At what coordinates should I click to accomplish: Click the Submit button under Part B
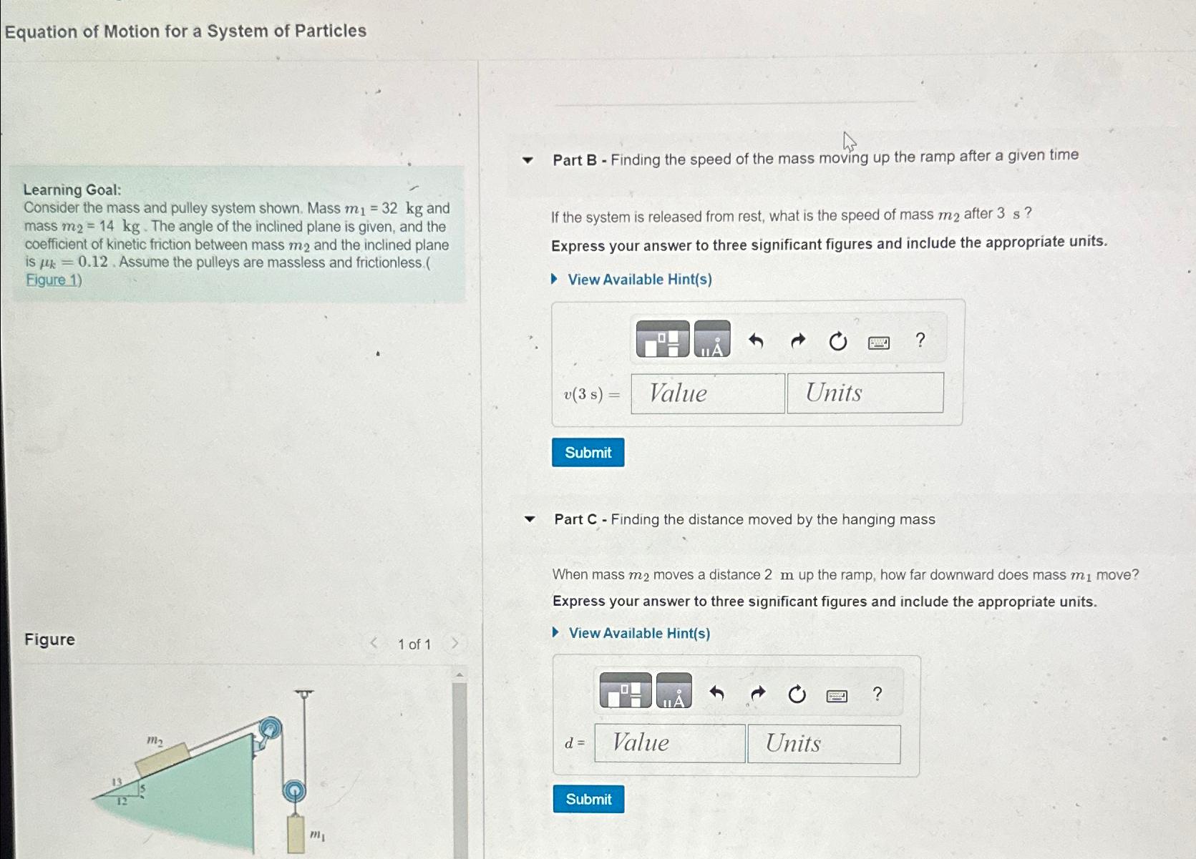[x=588, y=453]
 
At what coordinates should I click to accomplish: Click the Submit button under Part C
[x=588, y=799]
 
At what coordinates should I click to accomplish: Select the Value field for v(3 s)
[x=707, y=393]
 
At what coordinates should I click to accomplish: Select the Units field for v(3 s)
[x=865, y=393]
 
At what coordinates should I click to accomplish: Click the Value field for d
[x=669, y=743]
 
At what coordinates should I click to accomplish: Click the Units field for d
[x=823, y=744]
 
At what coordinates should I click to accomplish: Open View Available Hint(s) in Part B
[x=639, y=280]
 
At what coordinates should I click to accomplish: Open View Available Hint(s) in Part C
[x=638, y=633]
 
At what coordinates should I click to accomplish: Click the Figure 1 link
[x=54, y=280]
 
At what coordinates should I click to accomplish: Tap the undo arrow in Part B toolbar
[x=756, y=341]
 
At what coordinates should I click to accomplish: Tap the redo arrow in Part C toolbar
[x=757, y=693]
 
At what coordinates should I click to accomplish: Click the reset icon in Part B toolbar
[x=837, y=342]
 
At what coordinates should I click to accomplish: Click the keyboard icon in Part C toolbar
[x=837, y=695]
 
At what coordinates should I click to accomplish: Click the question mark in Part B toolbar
[x=920, y=340]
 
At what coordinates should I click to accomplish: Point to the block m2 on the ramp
[x=162, y=759]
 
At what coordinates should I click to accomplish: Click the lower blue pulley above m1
[x=293, y=791]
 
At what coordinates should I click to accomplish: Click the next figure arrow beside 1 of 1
[x=454, y=644]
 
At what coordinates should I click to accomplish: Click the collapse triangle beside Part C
[x=530, y=519]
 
